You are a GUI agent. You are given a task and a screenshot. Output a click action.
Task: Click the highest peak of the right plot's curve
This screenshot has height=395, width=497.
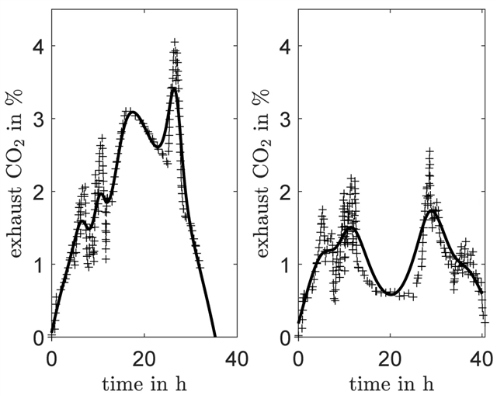click(433, 210)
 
